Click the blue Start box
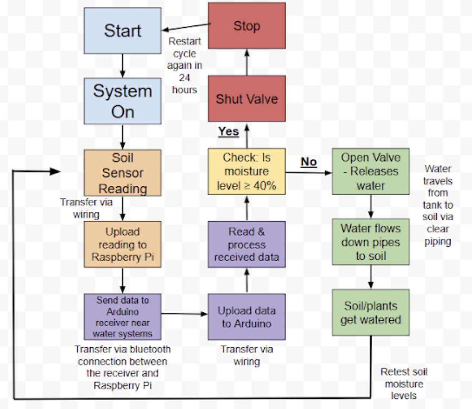[x=122, y=31]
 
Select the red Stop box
[x=247, y=26]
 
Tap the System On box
[x=122, y=101]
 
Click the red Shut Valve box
[x=247, y=99]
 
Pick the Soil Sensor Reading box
[x=122, y=173]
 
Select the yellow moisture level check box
[x=247, y=171]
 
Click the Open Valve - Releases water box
[x=370, y=171]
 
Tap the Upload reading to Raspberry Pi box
[x=122, y=244]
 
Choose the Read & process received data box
[x=247, y=244]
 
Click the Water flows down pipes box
[x=370, y=242]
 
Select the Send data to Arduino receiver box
[x=122, y=317]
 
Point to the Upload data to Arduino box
[x=247, y=317]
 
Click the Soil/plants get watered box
[x=370, y=313]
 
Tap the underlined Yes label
[x=228, y=132]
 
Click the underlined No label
[x=309, y=162]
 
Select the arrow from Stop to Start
[x=185, y=27]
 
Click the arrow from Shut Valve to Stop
[x=247, y=62]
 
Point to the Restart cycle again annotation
[x=185, y=66]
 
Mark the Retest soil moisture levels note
[x=404, y=384]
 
